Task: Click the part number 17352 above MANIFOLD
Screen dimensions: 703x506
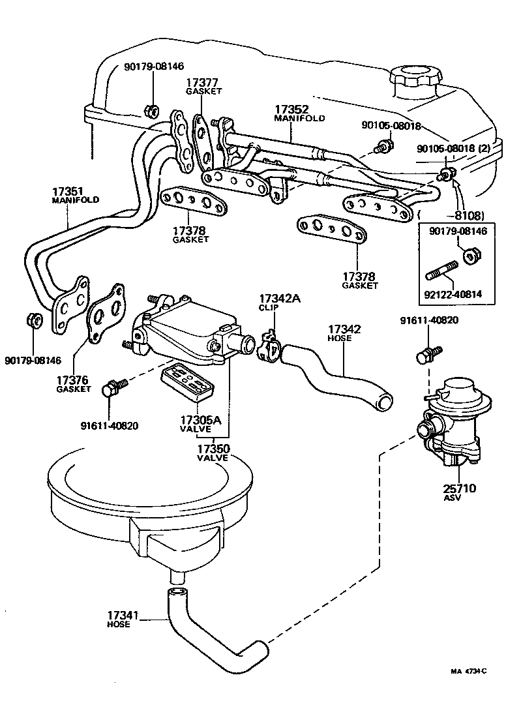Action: [291, 109]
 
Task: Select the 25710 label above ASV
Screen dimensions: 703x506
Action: [459, 488]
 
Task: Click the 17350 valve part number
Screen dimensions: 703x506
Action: [213, 449]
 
